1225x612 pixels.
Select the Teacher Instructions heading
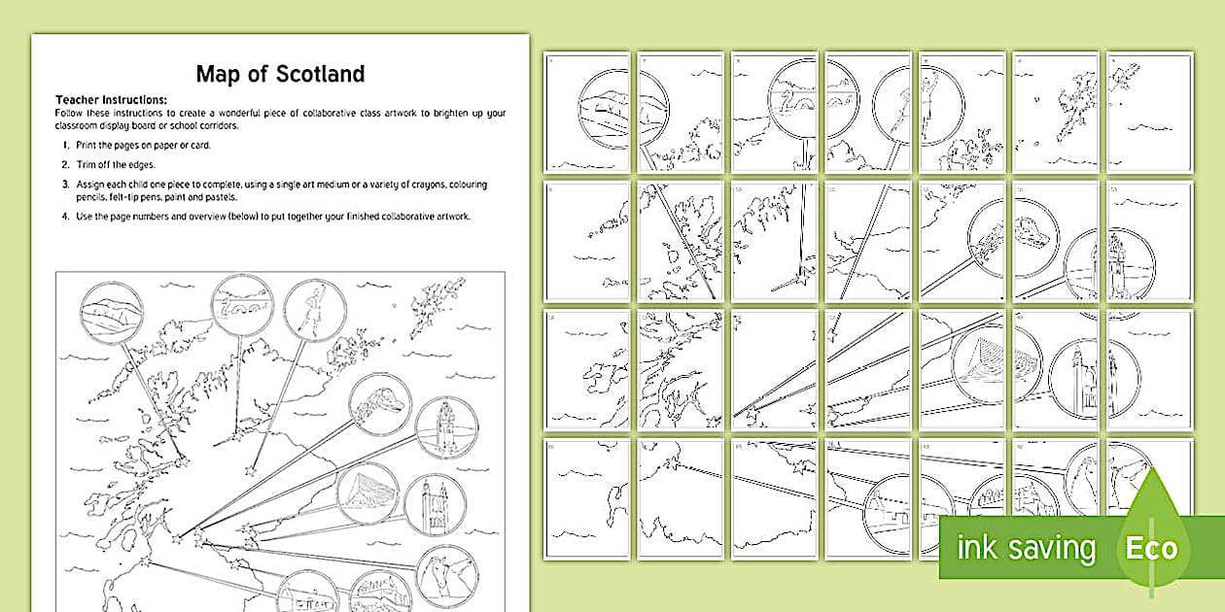[112, 100]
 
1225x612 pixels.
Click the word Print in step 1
[87, 145]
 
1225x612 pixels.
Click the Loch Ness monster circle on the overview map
[242, 305]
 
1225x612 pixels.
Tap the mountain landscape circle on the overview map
[111, 313]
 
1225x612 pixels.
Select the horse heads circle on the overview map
[446, 574]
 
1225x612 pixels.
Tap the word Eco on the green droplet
[1151, 547]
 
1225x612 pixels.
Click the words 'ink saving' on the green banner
[1026, 549]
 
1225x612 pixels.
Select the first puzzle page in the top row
[586, 113]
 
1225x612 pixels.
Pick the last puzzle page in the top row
[1149, 113]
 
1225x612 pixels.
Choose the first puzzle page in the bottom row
[586, 498]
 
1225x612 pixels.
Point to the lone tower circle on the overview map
[446, 427]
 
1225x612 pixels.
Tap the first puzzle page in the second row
[586, 241]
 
